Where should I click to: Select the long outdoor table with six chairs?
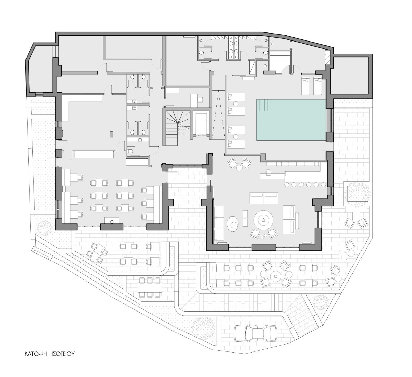[x=150, y=287]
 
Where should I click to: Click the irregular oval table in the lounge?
[x=234, y=223]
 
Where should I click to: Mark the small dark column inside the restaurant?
[x=111, y=134]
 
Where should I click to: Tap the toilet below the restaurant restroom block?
[x=130, y=151]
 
